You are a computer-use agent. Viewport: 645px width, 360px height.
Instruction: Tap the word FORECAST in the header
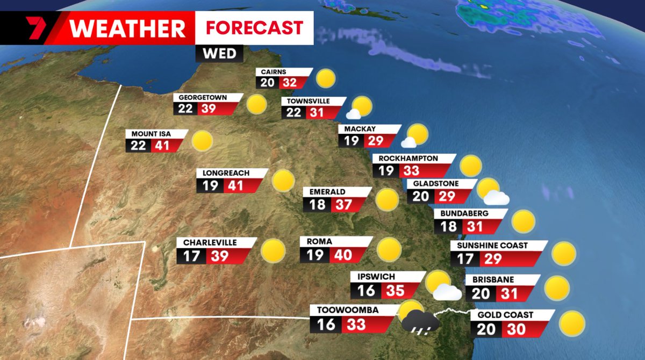(254, 27)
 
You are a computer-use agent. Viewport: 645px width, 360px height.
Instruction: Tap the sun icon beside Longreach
(283, 181)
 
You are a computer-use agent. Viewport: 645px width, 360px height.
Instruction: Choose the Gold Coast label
(502, 315)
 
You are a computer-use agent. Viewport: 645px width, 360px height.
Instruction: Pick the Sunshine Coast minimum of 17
(465, 259)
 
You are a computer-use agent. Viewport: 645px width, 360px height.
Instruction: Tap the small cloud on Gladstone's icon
(496, 198)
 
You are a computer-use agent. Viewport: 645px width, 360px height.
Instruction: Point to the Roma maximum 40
(342, 254)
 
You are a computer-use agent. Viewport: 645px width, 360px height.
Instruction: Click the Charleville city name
(210, 243)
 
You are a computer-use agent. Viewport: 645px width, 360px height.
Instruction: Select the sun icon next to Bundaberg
(523, 221)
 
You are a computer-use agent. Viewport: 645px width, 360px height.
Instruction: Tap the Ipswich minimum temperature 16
(365, 291)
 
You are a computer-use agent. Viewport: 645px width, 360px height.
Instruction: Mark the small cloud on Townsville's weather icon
(353, 114)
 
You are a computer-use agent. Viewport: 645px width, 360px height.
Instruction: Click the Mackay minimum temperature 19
(352, 141)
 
